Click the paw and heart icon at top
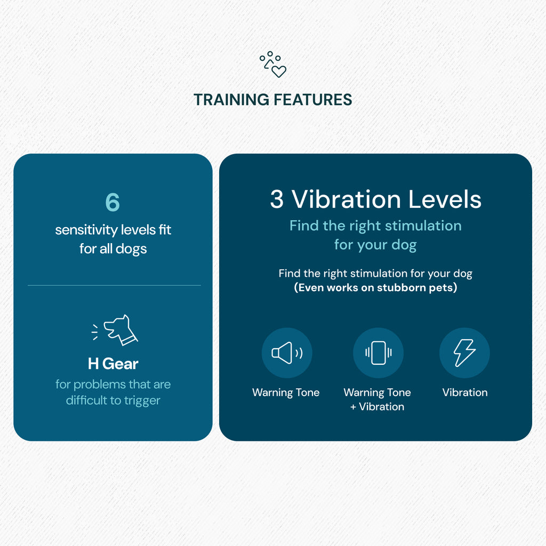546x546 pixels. pos(272,65)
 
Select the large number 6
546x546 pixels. pos(113,202)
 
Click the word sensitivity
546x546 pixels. pos(86,230)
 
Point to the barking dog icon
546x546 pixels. pos(115,330)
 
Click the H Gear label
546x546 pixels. pos(113,364)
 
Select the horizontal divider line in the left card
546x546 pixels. pos(114,286)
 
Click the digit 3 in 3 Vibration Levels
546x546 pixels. pos(277,199)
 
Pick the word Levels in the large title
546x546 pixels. pos(445,199)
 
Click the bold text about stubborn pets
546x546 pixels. pos(375,287)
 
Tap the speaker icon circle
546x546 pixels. pos(287,353)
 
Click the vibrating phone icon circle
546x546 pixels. pos(378,353)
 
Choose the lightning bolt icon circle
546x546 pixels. pos(464,353)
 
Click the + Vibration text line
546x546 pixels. pos(377,407)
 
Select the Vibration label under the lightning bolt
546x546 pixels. pos(465,392)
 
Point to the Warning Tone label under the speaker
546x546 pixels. pos(286,392)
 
